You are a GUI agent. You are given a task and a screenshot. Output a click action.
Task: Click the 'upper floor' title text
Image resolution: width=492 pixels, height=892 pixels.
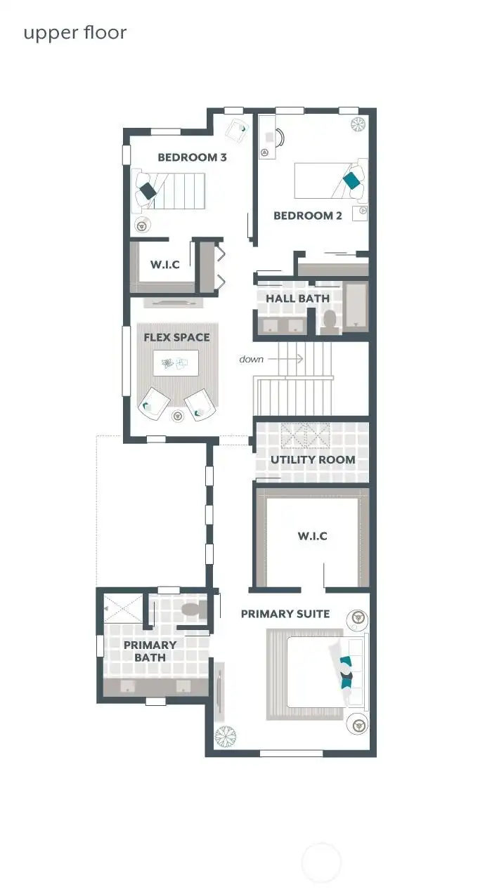click(x=75, y=33)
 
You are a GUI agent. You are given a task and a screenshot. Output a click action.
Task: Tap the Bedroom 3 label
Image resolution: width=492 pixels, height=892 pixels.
click(x=192, y=157)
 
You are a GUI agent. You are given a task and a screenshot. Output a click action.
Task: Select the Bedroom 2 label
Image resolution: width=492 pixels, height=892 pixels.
click(x=307, y=216)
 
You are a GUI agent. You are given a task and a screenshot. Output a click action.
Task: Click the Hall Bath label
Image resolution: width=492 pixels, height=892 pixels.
click(x=297, y=299)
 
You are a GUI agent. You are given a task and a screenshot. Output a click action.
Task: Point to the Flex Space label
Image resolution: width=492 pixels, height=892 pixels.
click(x=176, y=337)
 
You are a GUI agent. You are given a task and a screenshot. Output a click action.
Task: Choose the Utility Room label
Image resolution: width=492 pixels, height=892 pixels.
click(x=313, y=460)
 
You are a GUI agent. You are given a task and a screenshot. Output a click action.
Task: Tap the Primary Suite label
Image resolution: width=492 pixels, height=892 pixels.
click(x=285, y=614)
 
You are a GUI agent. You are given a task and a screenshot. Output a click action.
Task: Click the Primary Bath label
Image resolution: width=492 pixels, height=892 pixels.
click(x=150, y=651)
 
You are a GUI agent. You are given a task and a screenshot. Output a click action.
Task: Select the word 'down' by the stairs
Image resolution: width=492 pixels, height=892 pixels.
click(x=251, y=359)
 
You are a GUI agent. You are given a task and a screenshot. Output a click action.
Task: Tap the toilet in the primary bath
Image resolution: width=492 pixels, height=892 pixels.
click(x=192, y=610)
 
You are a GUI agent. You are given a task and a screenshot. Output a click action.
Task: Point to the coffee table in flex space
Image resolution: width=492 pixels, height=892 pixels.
click(x=175, y=364)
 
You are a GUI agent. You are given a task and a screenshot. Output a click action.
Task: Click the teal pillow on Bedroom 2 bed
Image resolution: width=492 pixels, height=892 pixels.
click(x=352, y=181)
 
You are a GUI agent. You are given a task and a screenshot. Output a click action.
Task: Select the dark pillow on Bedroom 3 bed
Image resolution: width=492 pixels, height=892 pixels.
click(x=148, y=190)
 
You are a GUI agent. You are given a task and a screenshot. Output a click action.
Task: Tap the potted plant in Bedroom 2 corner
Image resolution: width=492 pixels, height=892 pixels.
click(x=358, y=124)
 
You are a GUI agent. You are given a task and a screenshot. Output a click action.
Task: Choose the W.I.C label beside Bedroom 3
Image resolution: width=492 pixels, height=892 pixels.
click(x=164, y=265)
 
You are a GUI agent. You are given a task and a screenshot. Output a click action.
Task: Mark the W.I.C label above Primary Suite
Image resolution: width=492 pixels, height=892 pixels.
click(x=312, y=537)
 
